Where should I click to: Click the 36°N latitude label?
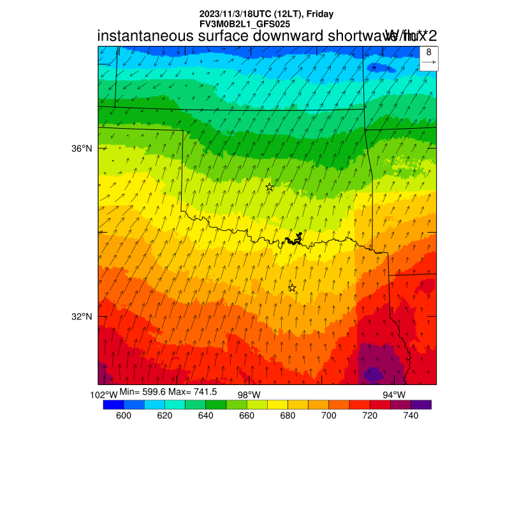(x=81, y=149)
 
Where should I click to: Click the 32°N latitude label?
(x=81, y=317)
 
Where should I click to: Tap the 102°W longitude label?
(x=104, y=395)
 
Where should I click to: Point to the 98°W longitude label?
(x=249, y=395)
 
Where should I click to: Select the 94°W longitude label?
(x=394, y=395)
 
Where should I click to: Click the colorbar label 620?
(x=164, y=416)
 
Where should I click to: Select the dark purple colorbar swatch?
(x=421, y=404)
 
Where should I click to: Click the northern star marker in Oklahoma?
(x=270, y=187)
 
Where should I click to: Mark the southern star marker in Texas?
(x=292, y=288)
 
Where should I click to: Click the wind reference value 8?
(x=428, y=52)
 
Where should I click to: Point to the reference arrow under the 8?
(x=428, y=62)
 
